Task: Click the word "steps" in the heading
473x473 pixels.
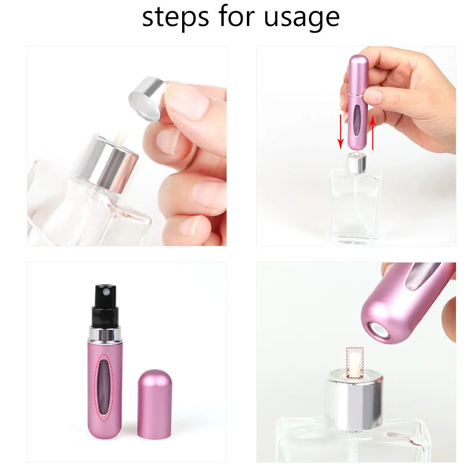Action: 175,17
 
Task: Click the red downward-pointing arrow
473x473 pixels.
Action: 341,131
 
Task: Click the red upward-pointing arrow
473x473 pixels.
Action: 373,132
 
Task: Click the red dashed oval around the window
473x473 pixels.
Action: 104,388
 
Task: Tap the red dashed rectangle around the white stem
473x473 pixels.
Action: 355,363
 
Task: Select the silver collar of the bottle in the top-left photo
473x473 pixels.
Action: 107,163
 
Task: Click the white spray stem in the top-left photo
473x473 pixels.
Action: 121,139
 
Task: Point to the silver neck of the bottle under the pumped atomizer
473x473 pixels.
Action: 356,163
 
